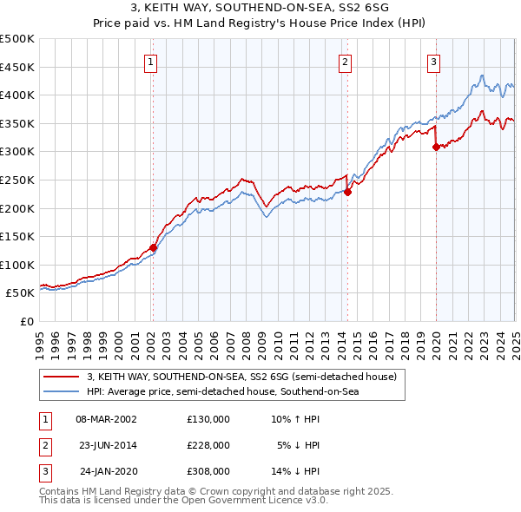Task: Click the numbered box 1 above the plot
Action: [152, 62]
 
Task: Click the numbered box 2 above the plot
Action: [346, 62]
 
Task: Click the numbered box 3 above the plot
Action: [433, 62]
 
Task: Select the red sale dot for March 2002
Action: [153, 247]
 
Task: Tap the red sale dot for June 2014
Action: [347, 193]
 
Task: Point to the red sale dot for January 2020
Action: [436, 148]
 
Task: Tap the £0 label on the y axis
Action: [25, 321]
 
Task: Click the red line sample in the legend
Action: [62, 377]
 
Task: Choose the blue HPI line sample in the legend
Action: [62, 392]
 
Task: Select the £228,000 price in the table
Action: [208, 445]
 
